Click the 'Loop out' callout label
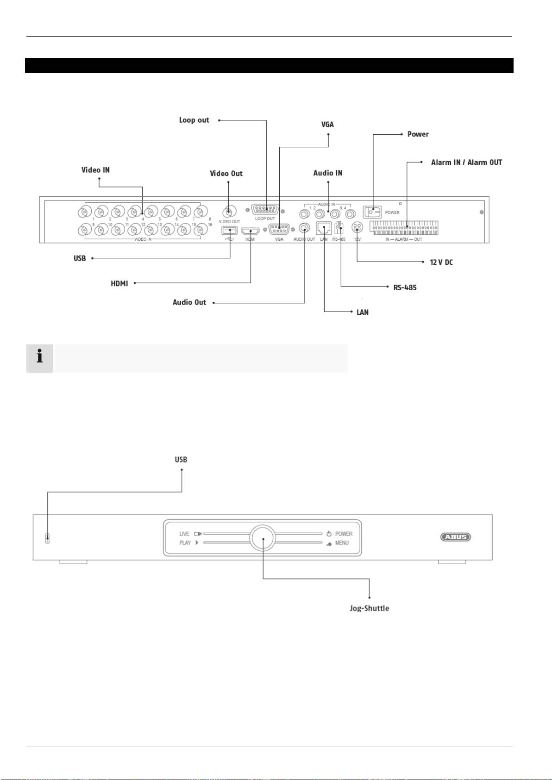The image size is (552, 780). (x=194, y=120)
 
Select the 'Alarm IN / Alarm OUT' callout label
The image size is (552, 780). (x=466, y=162)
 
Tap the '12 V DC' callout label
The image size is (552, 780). (x=441, y=262)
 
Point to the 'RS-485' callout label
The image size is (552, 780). (x=405, y=287)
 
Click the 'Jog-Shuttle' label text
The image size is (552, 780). (x=369, y=608)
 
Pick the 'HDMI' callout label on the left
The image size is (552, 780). (x=119, y=283)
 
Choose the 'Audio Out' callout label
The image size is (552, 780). (x=189, y=302)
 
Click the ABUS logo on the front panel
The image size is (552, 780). (x=455, y=537)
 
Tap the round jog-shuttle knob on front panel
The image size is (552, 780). (x=263, y=538)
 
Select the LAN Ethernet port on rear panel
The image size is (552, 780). (x=323, y=228)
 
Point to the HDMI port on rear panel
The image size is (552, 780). (x=250, y=231)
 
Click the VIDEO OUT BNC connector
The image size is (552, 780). (x=228, y=212)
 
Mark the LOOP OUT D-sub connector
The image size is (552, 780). (x=265, y=210)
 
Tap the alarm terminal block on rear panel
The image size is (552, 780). (x=403, y=228)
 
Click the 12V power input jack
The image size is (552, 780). (x=357, y=227)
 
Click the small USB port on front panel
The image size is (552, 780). (x=47, y=538)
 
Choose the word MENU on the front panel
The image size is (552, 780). (x=342, y=543)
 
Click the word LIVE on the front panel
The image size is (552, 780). (x=184, y=534)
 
